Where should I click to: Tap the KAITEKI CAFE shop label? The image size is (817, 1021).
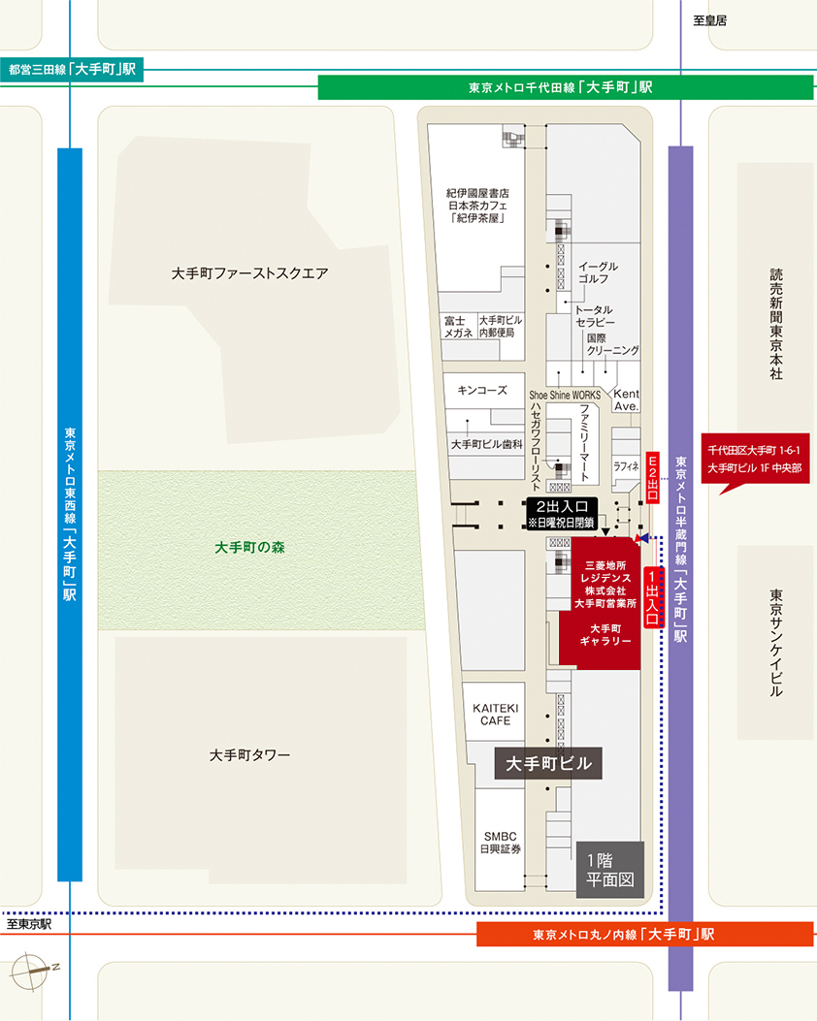(x=496, y=715)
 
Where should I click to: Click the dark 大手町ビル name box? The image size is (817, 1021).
(x=548, y=763)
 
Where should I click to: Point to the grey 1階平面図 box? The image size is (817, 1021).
(x=610, y=868)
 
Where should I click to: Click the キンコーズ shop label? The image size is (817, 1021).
(x=482, y=391)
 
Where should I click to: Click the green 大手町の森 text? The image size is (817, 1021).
(x=249, y=547)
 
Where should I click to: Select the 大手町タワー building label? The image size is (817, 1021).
(x=249, y=754)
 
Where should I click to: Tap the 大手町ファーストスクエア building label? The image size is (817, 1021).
(x=249, y=273)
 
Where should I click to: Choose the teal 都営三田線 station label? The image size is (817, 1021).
(x=73, y=70)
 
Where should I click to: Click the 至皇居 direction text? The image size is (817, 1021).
(x=709, y=19)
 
